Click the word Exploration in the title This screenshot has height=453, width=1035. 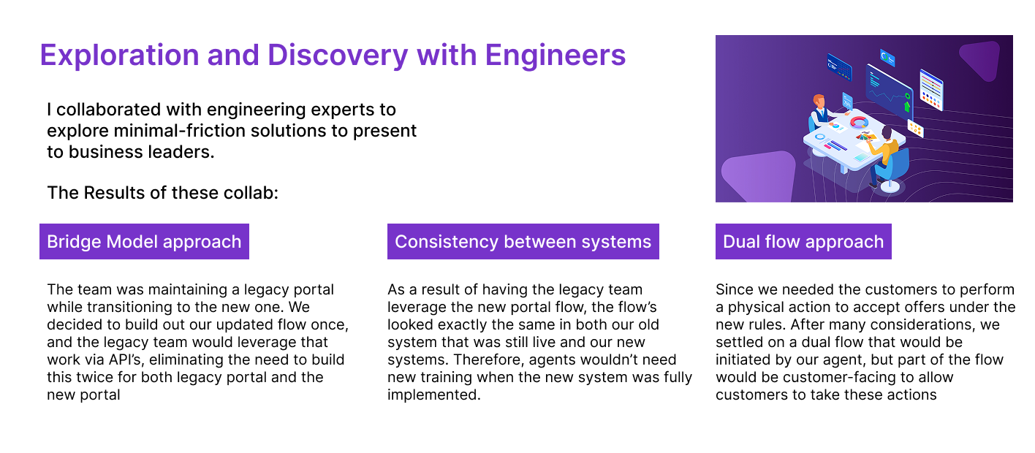tap(120, 56)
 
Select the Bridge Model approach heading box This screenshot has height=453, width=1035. tap(144, 242)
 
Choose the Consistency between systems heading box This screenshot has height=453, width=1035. tap(523, 242)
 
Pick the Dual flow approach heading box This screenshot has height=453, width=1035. tap(803, 242)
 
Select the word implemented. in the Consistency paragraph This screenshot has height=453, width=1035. tap(434, 395)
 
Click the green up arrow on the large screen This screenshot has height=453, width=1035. tap(907, 106)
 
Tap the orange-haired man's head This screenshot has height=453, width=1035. tap(819, 100)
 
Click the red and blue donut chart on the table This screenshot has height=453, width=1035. tap(859, 122)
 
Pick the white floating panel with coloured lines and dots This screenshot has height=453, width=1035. tap(931, 90)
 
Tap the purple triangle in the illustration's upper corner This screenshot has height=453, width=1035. tap(982, 60)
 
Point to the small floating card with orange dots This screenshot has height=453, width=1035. tap(915, 129)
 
